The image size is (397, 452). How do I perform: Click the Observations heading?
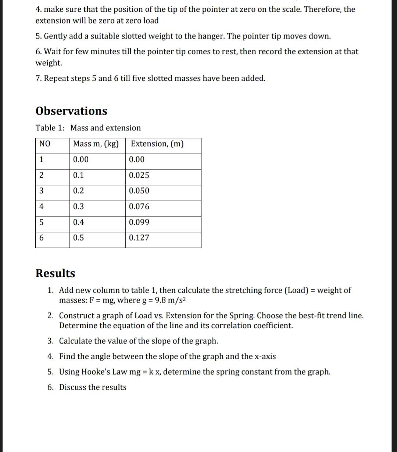[71, 111]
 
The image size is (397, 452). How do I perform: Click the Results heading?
[55, 273]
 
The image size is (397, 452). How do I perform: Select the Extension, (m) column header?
[157, 144]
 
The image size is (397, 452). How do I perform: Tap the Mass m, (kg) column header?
[96, 144]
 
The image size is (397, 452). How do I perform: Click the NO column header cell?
[44, 144]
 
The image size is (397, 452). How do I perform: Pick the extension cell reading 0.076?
[139, 206]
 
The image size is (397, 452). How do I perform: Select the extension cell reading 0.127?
[139, 238]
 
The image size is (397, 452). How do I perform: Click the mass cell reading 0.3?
[78, 206]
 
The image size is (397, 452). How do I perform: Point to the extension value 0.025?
[139, 175]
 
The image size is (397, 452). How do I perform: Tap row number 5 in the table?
[42, 222]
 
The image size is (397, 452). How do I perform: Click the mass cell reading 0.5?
[78, 238]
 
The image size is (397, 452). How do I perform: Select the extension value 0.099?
[139, 222]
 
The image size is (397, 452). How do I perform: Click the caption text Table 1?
[50, 128]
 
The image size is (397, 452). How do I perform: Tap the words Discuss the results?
[93, 387]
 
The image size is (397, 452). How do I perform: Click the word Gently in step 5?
[56, 36]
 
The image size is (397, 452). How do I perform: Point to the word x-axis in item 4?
[264, 356]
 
